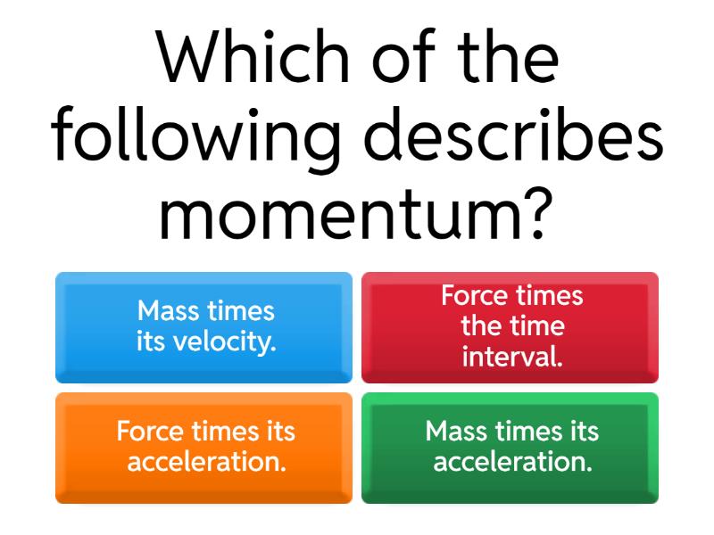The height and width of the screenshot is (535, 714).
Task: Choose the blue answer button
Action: coord(204,327)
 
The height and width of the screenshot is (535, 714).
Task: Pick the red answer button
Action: coord(510,327)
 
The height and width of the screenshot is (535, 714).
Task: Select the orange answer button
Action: coord(204,448)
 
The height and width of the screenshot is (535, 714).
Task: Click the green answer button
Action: coord(510,448)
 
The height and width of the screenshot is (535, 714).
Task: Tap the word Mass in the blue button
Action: coord(170,311)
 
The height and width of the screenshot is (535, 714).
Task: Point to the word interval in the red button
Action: coord(512,358)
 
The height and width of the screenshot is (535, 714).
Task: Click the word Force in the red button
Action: coord(474,296)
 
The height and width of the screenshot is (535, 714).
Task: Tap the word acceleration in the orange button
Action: coord(206,463)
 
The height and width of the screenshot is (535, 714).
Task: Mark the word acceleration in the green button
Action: coord(512,463)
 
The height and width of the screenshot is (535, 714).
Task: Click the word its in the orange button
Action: coord(278,432)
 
